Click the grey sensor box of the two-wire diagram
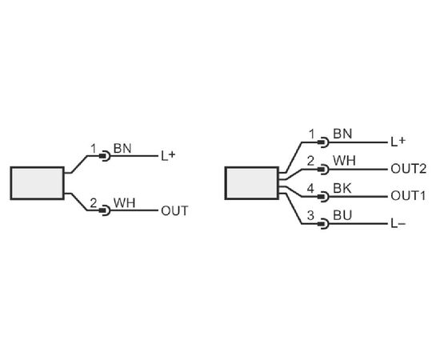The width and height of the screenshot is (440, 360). pyautogui.click(x=38, y=183)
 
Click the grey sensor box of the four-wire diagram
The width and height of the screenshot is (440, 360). pyautogui.click(x=252, y=183)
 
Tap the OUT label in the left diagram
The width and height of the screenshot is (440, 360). pyautogui.click(x=174, y=211)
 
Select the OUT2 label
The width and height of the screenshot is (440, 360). pyautogui.click(x=408, y=169)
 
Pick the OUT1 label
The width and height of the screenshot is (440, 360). pyautogui.click(x=408, y=196)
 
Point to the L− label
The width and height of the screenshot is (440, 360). pyautogui.click(x=398, y=224)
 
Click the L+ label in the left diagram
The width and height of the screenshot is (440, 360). pyautogui.click(x=168, y=156)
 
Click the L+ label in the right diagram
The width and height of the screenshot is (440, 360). pyautogui.click(x=398, y=142)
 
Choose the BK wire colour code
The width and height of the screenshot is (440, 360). pyautogui.click(x=342, y=189)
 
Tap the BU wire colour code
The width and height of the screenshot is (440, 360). pyautogui.click(x=342, y=215)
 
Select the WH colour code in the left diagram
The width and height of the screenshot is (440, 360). pyautogui.click(x=124, y=203)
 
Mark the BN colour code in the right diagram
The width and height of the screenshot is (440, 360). pyautogui.click(x=342, y=134)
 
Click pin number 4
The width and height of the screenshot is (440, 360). pyautogui.click(x=310, y=189)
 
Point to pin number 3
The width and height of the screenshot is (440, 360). pyautogui.click(x=310, y=215)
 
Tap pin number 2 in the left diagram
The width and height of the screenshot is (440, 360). pyautogui.click(x=93, y=203)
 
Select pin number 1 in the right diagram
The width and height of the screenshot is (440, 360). pyautogui.click(x=312, y=134)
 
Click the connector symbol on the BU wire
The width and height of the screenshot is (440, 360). pyautogui.click(x=323, y=224)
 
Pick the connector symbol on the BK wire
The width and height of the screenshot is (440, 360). pyautogui.click(x=323, y=197)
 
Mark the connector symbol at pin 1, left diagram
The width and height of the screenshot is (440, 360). pyautogui.click(x=105, y=156)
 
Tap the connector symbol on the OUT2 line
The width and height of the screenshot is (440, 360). pyautogui.click(x=323, y=170)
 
